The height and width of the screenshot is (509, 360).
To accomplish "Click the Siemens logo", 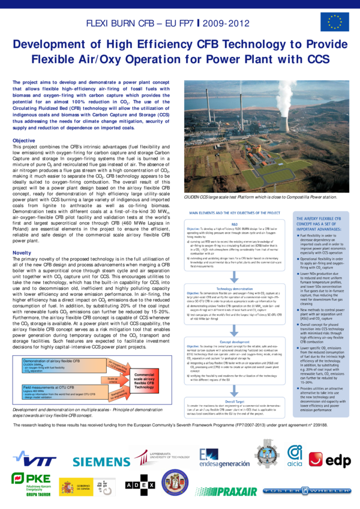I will click(102, 461).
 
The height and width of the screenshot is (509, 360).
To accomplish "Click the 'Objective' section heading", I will click(24, 140).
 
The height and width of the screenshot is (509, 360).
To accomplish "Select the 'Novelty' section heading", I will click(22, 254).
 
